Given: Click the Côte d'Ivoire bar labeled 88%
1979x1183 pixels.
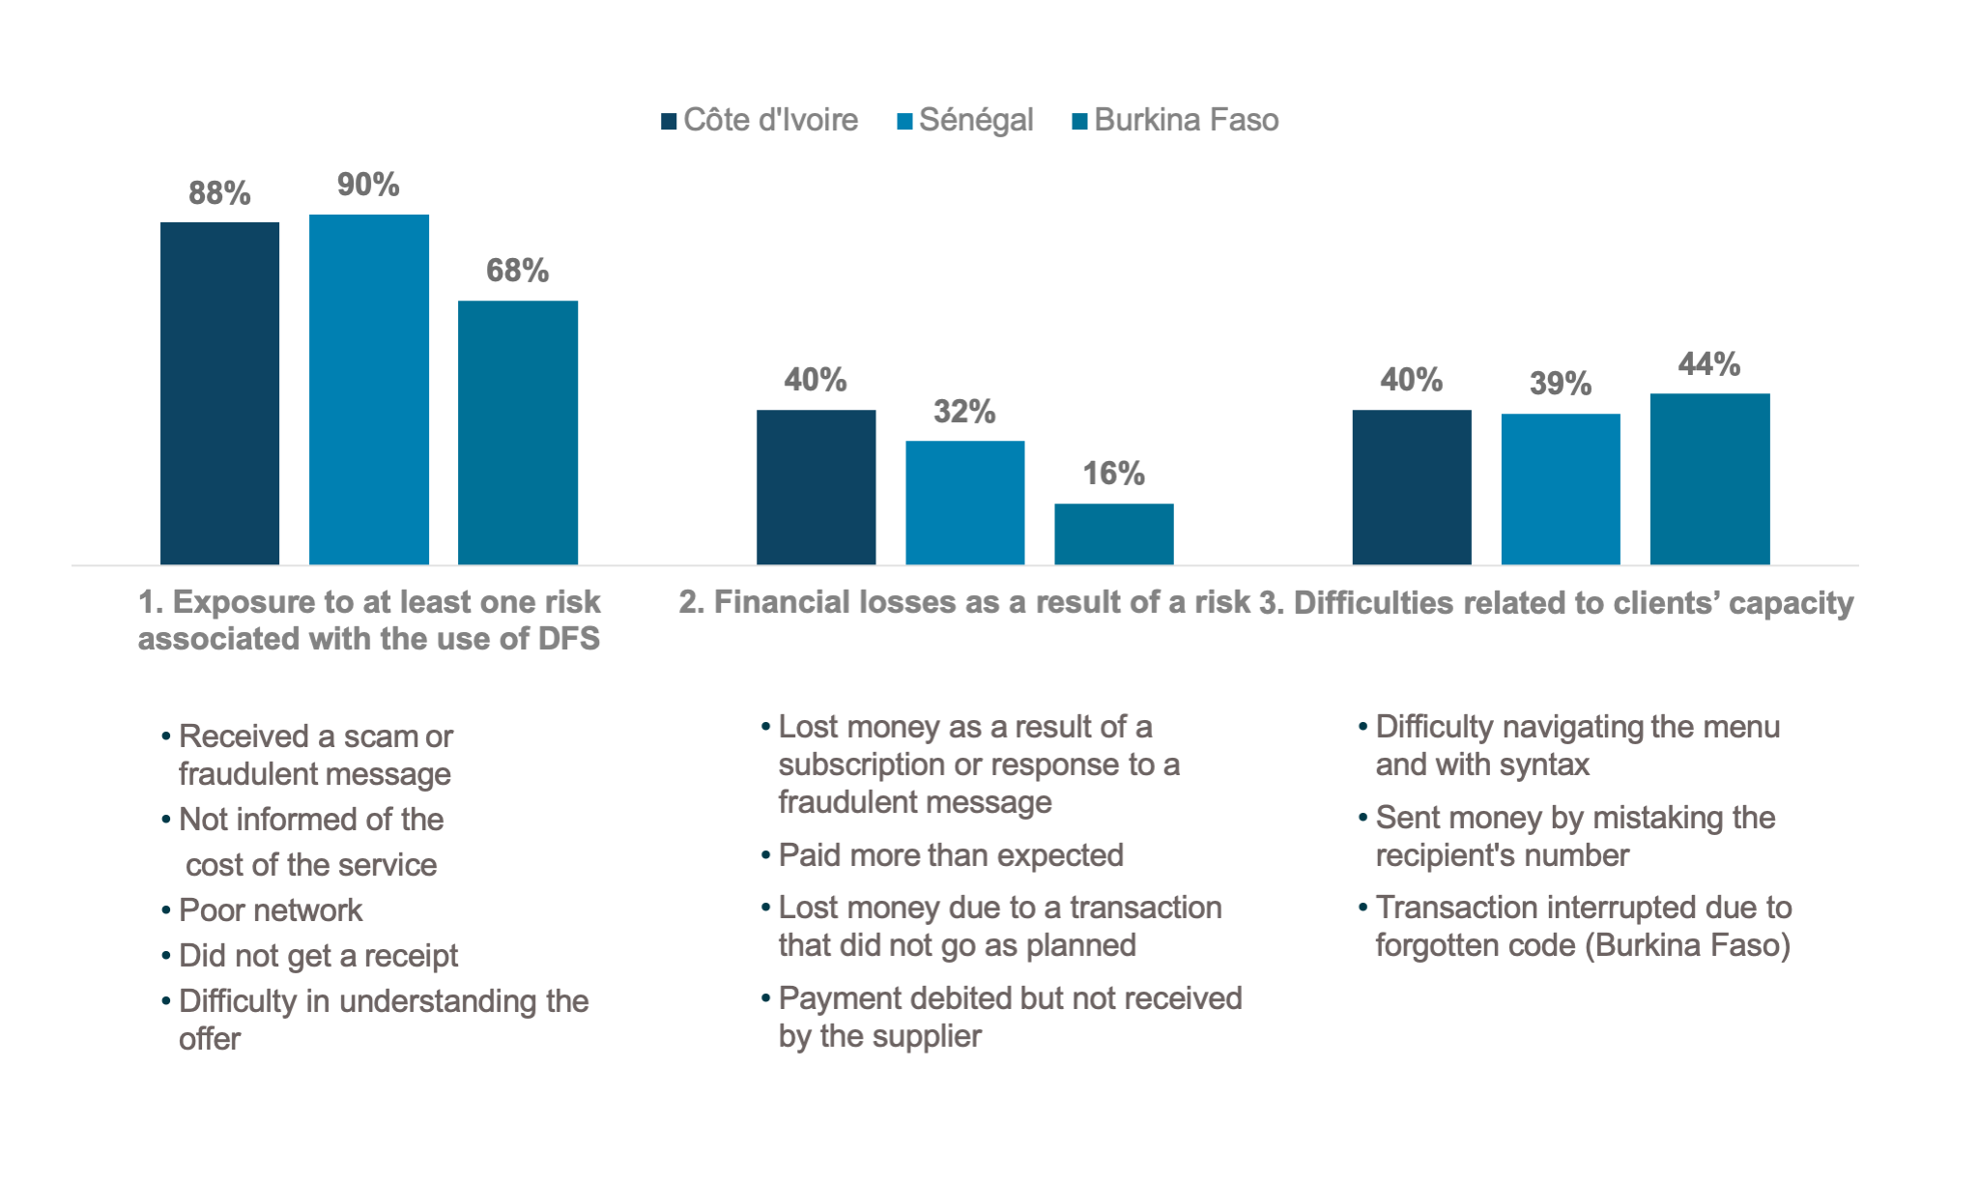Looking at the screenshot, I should click(x=219, y=393).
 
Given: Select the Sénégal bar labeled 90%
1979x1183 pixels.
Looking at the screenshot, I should click(x=368, y=390).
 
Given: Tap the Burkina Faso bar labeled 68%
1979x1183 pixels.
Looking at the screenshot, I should click(x=517, y=432).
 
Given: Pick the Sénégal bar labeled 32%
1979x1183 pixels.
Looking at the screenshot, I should click(x=964, y=503).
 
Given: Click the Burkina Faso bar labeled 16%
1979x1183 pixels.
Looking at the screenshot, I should click(x=1113, y=534).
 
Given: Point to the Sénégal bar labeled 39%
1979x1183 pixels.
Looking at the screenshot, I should click(x=1560, y=489).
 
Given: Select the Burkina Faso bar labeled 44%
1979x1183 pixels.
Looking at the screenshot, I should click(x=1709, y=478).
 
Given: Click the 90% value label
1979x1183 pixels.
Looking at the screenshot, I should click(x=368, y=185).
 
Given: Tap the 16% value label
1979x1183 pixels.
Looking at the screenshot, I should click(x=1113, y=474).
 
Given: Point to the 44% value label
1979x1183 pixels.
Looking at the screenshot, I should click(x=1709, y=364).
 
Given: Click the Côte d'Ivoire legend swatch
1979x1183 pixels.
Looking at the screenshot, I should click(x=669, y=121).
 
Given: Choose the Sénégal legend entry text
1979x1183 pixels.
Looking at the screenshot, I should click(x=976, y=120).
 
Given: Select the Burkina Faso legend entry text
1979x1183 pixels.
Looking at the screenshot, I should click(x=1186, y=120).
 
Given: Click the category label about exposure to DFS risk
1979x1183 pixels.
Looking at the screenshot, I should click(x=369, y=620).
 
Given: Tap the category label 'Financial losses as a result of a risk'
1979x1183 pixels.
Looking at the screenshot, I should click(x=963, y=602).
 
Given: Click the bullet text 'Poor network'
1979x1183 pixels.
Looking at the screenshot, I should click(x=271, y=910).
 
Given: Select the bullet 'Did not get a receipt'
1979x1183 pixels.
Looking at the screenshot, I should click(x=318, y=956).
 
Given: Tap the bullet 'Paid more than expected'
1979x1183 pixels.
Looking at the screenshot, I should click(x=951, y=855).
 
